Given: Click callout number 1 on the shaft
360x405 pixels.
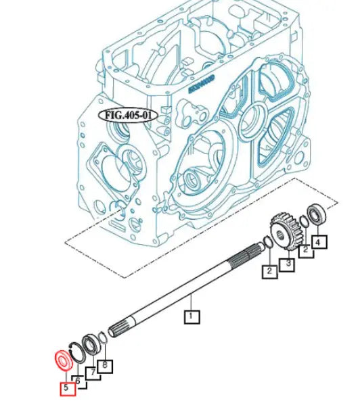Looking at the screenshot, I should (192, 315).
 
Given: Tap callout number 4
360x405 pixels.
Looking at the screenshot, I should (319, 240).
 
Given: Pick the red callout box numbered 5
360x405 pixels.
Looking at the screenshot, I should (66, 389).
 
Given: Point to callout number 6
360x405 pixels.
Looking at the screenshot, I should (79, 381).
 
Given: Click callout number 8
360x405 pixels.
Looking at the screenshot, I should (105, 366).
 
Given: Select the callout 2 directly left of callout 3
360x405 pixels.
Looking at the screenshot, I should (269, 272).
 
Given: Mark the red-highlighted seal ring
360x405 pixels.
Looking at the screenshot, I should (62, 360).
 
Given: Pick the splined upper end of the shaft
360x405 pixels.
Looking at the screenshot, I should (246, 256).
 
